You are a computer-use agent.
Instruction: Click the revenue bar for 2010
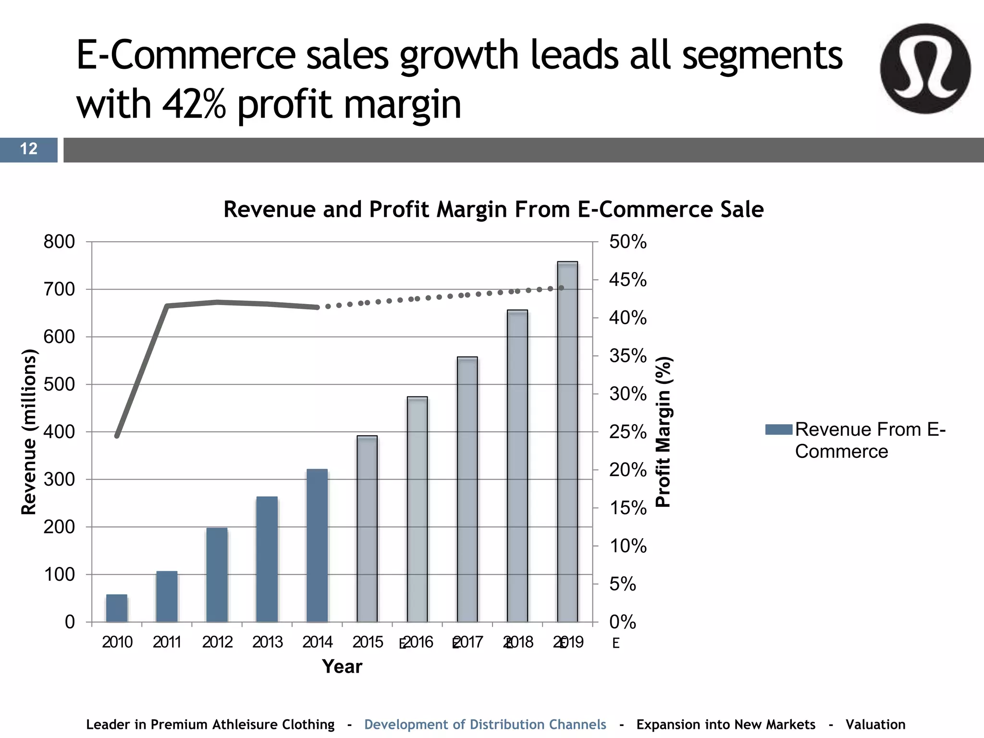click(x=117, y=608)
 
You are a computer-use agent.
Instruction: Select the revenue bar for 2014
click(x=317, y=545)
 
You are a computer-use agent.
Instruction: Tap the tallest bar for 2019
click(x=567, y=442)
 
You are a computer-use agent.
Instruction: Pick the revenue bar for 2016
click(x=417, y=509)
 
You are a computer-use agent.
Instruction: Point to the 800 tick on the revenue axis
click(x=59, y=242)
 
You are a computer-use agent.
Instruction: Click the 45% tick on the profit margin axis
click(x=627, y=280)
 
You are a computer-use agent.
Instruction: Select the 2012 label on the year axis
click(x=217, y=642)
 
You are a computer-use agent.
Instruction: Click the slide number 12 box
click(x=28, y=149)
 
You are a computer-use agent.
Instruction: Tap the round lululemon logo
click(x=925, y=69)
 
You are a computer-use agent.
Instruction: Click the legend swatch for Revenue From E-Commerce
click(x=778, y=430)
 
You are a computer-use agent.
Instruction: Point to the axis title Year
click(x=342, y=667)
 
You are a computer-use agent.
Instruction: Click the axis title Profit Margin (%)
click(x=664, y=431)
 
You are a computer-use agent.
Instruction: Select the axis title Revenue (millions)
click(x=29, y=431)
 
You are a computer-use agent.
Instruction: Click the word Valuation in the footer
click(x=875, y=725)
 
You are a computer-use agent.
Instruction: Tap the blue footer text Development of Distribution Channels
click(x=485, y=725)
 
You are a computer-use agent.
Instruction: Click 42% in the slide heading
click(x=194, y=105)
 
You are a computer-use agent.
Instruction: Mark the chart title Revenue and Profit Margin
click(x=493, y=209)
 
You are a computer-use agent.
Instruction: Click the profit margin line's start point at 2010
click(x=117, y=436)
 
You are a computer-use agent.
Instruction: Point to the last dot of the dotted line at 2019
click(x=561, y=288)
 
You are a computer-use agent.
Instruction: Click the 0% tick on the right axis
click(x=623, y=622)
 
